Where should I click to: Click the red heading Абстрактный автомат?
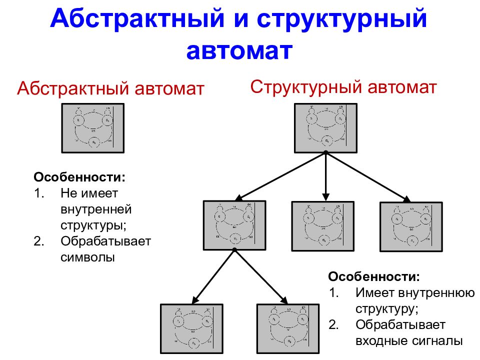pyautogui.click(x=110, y=89)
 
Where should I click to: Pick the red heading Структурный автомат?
pyautogui.click(x=343, y=87)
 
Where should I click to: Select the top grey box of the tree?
pyautogui.click(x=325, y=127)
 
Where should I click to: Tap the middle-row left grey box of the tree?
pyautogui.click(x=234, y=225)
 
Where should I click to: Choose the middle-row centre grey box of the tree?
pyautogui.click(x=323, y=225)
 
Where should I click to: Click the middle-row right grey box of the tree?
pyautogui.click(x=411, y=226)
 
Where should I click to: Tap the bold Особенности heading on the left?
pyautogui.click(x=79, y=177)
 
